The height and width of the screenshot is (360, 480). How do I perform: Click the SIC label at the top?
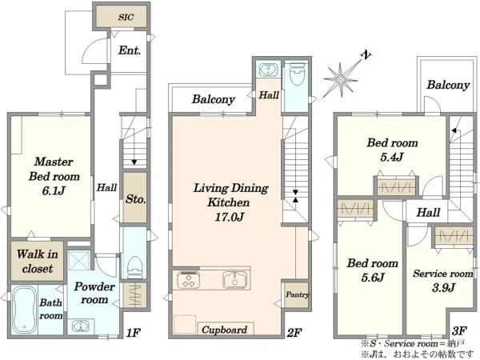click(126, 17)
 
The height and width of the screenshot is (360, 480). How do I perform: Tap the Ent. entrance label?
click(130, 50)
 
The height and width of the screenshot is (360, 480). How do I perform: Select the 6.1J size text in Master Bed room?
click(54, 191)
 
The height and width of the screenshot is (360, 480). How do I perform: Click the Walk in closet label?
click(38, 261)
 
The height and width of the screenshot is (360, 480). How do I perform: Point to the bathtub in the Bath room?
click(24, 310)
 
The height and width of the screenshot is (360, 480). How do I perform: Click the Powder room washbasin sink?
click(81, 326)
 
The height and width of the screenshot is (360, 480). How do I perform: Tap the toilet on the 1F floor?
click(134, 267)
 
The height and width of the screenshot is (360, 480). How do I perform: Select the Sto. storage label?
click(135, 199)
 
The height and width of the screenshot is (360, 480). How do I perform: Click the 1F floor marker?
click(134, 333)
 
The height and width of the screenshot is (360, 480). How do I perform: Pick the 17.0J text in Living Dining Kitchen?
click(230, 217)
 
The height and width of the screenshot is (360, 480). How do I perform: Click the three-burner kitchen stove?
click(188, 280)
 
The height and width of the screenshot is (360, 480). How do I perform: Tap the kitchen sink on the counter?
click(234, 280)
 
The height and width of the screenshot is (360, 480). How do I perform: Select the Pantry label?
click(298, 294)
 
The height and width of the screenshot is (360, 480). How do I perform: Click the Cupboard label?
click(224, 330)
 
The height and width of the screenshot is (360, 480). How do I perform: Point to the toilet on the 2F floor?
click(296, 74)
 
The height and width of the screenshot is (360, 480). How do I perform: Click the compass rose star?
click(341, 80)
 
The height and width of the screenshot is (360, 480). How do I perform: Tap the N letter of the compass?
click(366, 55)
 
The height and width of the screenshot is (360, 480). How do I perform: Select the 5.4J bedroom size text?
click(392, 158)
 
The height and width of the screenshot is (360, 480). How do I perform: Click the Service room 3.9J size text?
click(443, 287)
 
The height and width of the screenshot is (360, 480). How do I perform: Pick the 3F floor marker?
click(459, 330)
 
